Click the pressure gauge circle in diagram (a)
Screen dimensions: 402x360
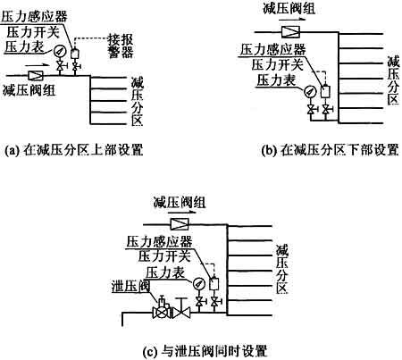[x=60, y=51]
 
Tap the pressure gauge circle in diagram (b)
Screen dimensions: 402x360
[x=309, y=91]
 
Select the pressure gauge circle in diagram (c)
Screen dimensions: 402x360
[x=198, y=283]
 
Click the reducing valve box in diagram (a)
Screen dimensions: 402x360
[x=36, y=75]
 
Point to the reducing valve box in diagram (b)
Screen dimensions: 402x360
[x=290, y=31]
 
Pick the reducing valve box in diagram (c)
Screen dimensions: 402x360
[x=180, y=224]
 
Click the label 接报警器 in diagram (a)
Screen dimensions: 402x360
[x=121, y=46]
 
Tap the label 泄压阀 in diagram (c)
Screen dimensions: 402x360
[x=130, y=286]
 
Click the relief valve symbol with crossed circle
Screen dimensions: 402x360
[x=161, y=312]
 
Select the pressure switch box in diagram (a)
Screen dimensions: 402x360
[x=74, y=54]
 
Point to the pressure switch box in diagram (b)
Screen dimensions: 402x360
[x=325, y=91]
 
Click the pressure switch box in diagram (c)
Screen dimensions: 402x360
[x=214, y=283]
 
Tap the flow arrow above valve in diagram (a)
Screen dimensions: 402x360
[x=37, y=64]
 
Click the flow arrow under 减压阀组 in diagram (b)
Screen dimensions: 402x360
[x=292, y=19]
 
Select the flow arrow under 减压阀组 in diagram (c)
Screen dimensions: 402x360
[x=182, y=213]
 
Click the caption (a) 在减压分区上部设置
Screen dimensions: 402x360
[x=74, y=150]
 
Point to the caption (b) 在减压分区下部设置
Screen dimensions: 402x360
[x=330, y=150]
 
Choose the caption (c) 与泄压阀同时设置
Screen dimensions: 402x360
[x=205, y=351]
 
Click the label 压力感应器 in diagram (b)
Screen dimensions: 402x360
[x=273, y=49]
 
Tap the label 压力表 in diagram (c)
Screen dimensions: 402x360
[x=165, y=272]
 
